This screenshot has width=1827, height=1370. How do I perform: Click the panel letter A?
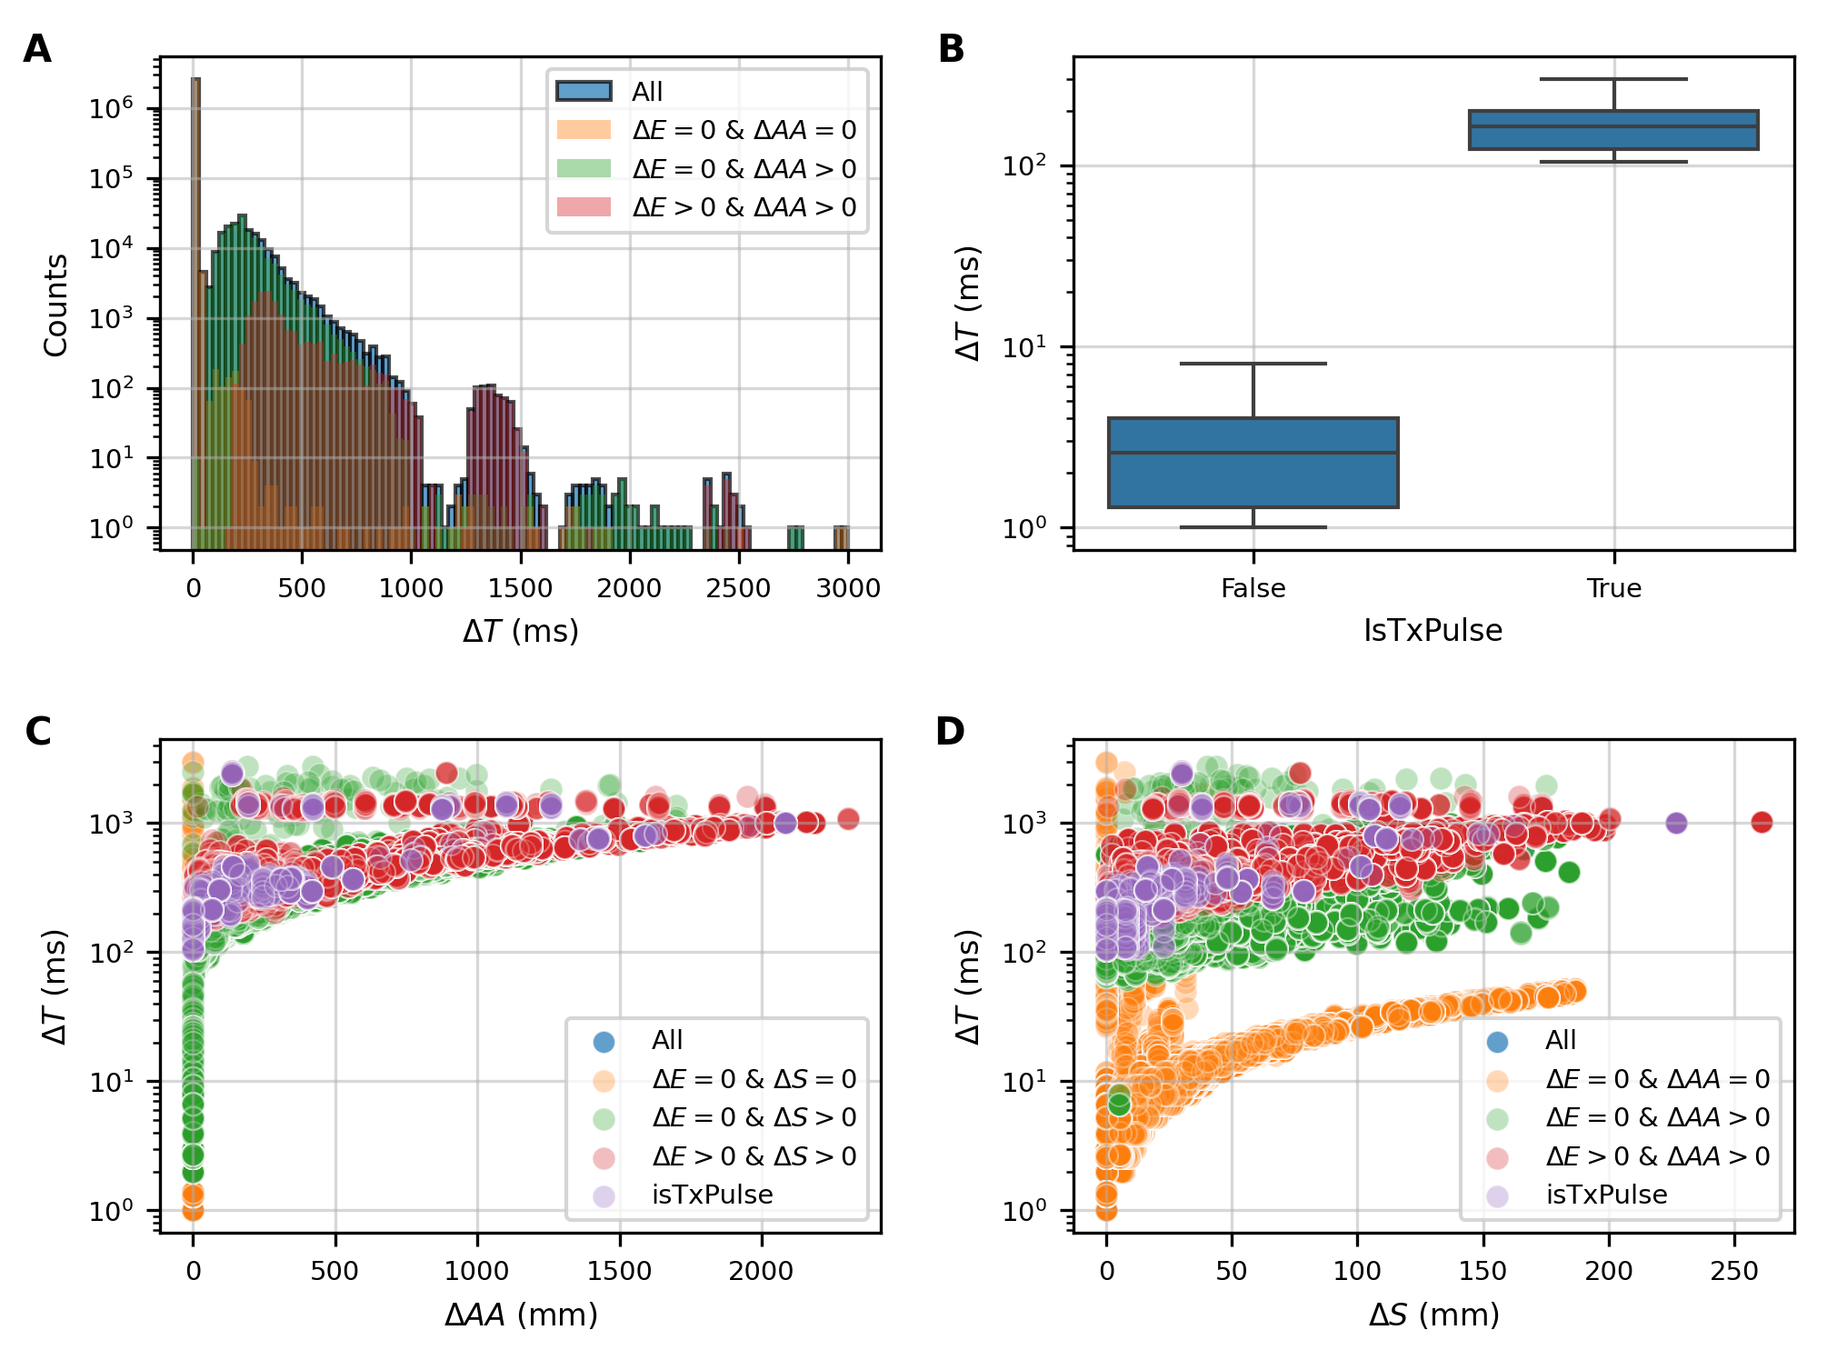[37, 49]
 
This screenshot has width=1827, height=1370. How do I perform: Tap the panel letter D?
[950, 732]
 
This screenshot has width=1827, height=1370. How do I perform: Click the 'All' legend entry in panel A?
[646, 92]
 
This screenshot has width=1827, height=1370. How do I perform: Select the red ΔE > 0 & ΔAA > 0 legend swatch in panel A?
[584, 207]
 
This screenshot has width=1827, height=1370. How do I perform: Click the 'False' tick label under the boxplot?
[1253, 589]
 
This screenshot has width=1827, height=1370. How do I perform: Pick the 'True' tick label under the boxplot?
[1613, 589]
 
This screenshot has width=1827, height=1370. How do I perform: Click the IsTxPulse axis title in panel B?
[1433, 631]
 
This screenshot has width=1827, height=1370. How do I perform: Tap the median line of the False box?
[1253, 453]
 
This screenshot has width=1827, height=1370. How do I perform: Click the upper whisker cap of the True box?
[1613, 79]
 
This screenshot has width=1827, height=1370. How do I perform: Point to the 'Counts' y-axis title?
[55, 305]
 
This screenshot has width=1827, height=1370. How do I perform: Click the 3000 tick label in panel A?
[847, 589]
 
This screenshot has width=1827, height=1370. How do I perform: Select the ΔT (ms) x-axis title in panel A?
[520, 631]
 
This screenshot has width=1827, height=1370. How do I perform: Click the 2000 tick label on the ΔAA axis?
[761, 1272]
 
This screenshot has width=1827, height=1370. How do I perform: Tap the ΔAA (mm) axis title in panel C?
[520, 1315]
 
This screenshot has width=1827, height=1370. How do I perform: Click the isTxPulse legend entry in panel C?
[712, 1195]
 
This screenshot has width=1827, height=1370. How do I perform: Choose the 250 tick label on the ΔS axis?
[1734, 1272]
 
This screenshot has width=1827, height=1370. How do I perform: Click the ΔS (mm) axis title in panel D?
[1433, 1315]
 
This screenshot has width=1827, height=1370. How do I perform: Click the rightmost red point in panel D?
[1762, 822]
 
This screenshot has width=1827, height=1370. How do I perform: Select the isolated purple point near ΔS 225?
[1676, 823]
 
